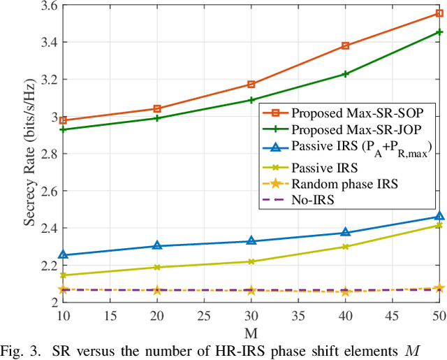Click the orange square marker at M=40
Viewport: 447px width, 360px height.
coord(345,46)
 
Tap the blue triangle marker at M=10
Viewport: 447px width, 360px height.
coord(62,255)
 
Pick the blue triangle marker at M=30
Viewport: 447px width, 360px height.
coord(251,241)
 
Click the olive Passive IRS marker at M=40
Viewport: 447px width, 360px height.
coord(345,246)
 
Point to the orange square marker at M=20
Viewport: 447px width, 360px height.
coord(156,108)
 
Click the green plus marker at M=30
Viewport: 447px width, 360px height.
coord(251,100)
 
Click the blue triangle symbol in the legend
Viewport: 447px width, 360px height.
coord(274,147)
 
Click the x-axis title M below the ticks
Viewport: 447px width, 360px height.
coord(251,328)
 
